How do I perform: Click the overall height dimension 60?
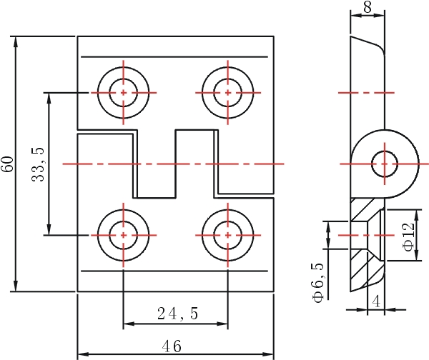tap(8, 164)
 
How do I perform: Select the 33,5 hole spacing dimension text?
tap(38, 164)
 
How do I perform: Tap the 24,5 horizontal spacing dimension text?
tap(177, 314)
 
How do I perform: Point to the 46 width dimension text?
tap(172, 346)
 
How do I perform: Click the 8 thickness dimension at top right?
tap(368, 7)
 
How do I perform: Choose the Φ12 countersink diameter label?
tap(409, 237)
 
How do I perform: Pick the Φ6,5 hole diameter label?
tap(318, 282)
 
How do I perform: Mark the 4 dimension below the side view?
tap(376, 302)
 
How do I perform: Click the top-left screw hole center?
tap(124, 93)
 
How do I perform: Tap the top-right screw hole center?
tap(228, 93)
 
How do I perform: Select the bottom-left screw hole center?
tap(124, 235)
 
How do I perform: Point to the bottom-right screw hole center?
tap(228, 235)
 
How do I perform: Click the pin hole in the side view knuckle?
tap(385, 164)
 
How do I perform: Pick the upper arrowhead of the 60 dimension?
tap(16, 41)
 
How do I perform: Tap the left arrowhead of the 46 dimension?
tap(84, 354)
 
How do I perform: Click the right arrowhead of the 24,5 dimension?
tap(222, 324)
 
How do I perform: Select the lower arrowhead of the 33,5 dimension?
tap(49, 229)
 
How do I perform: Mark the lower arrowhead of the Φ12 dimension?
tap(417, 255)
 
